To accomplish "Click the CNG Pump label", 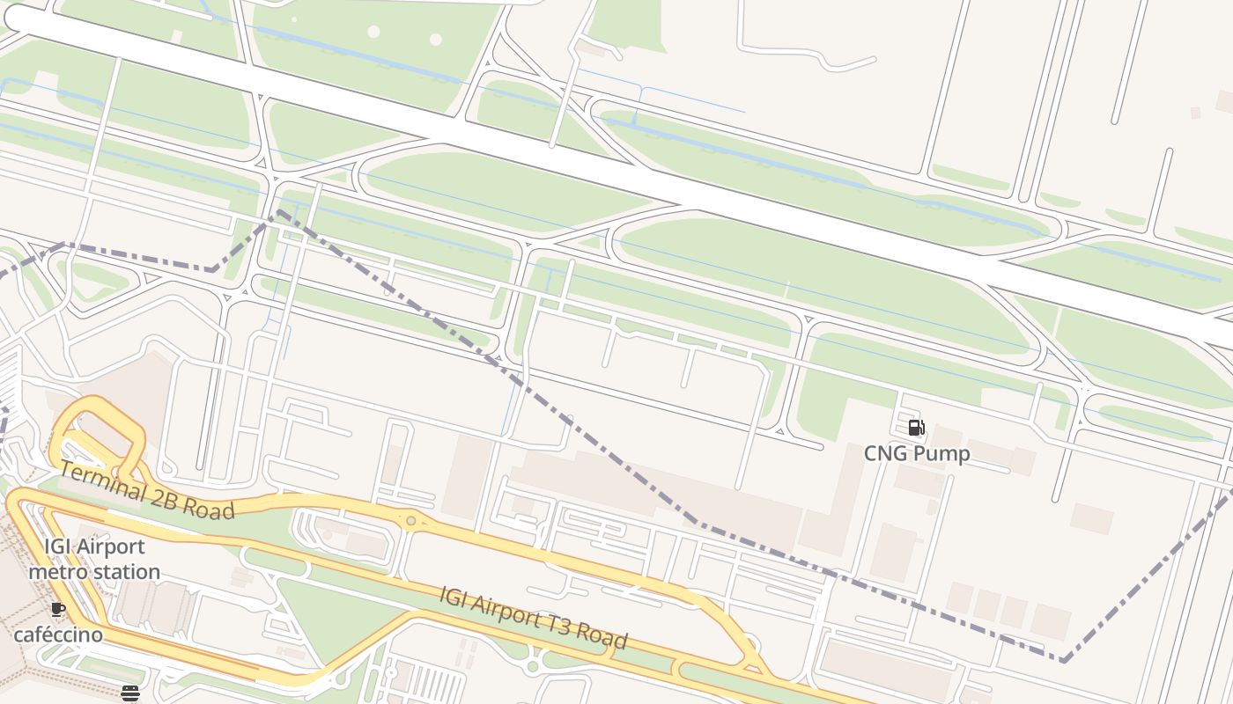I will (x=917, y=453).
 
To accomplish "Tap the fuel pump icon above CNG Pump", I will (x=917, y=429).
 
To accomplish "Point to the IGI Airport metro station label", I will (x=94, y=560).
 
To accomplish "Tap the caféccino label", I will (x=58, y=634).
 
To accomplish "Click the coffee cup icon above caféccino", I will (x=58, y=609).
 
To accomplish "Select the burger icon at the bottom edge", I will (x=130, y=693).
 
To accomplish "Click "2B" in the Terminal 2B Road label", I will (x=164, y=496).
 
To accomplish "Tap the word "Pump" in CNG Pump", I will (x=941, y=453).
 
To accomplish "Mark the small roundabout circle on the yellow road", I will (x=410, y=521).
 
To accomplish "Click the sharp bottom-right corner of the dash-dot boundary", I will (x=1064, y=660).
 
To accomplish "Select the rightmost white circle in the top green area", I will (x=435, y=40).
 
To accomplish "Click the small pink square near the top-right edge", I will (x=1195, y=113).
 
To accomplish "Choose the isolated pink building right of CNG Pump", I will (x=1091, y=518).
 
